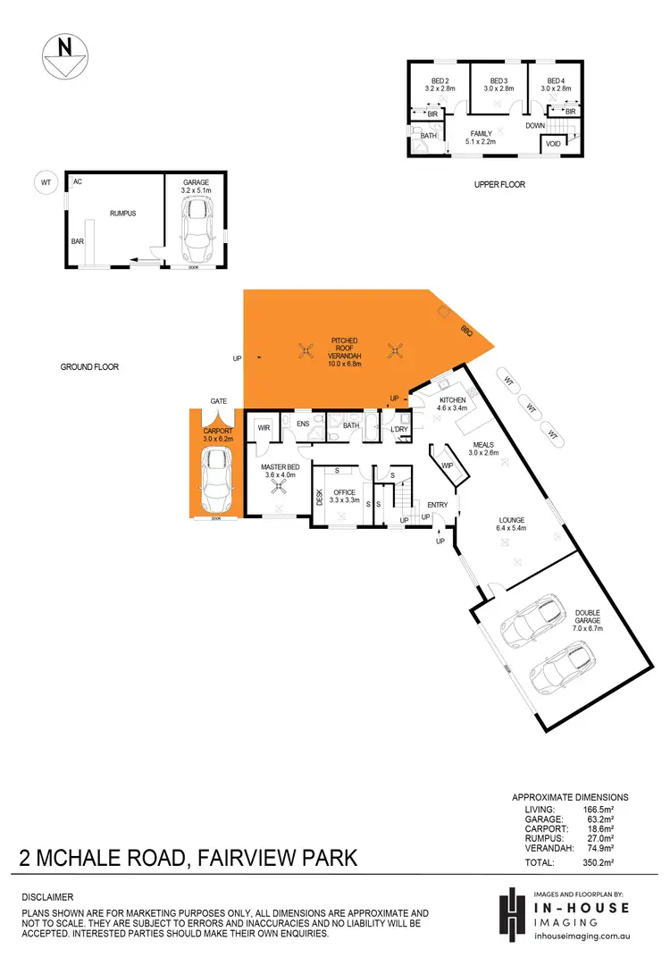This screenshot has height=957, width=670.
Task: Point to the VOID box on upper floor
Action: (554, 143)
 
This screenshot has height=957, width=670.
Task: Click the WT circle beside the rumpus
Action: (46, 183)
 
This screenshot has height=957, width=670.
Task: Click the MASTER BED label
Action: (280, 471)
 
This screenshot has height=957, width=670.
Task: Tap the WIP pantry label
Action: (448, 466)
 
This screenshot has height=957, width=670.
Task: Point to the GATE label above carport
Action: (217, 401)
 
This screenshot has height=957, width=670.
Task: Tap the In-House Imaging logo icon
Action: (510, 912)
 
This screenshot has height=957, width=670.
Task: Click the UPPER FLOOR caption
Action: (499, 185)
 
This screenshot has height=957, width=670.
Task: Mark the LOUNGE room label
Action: (512, 520)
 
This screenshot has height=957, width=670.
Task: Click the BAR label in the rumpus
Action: (79, 241)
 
